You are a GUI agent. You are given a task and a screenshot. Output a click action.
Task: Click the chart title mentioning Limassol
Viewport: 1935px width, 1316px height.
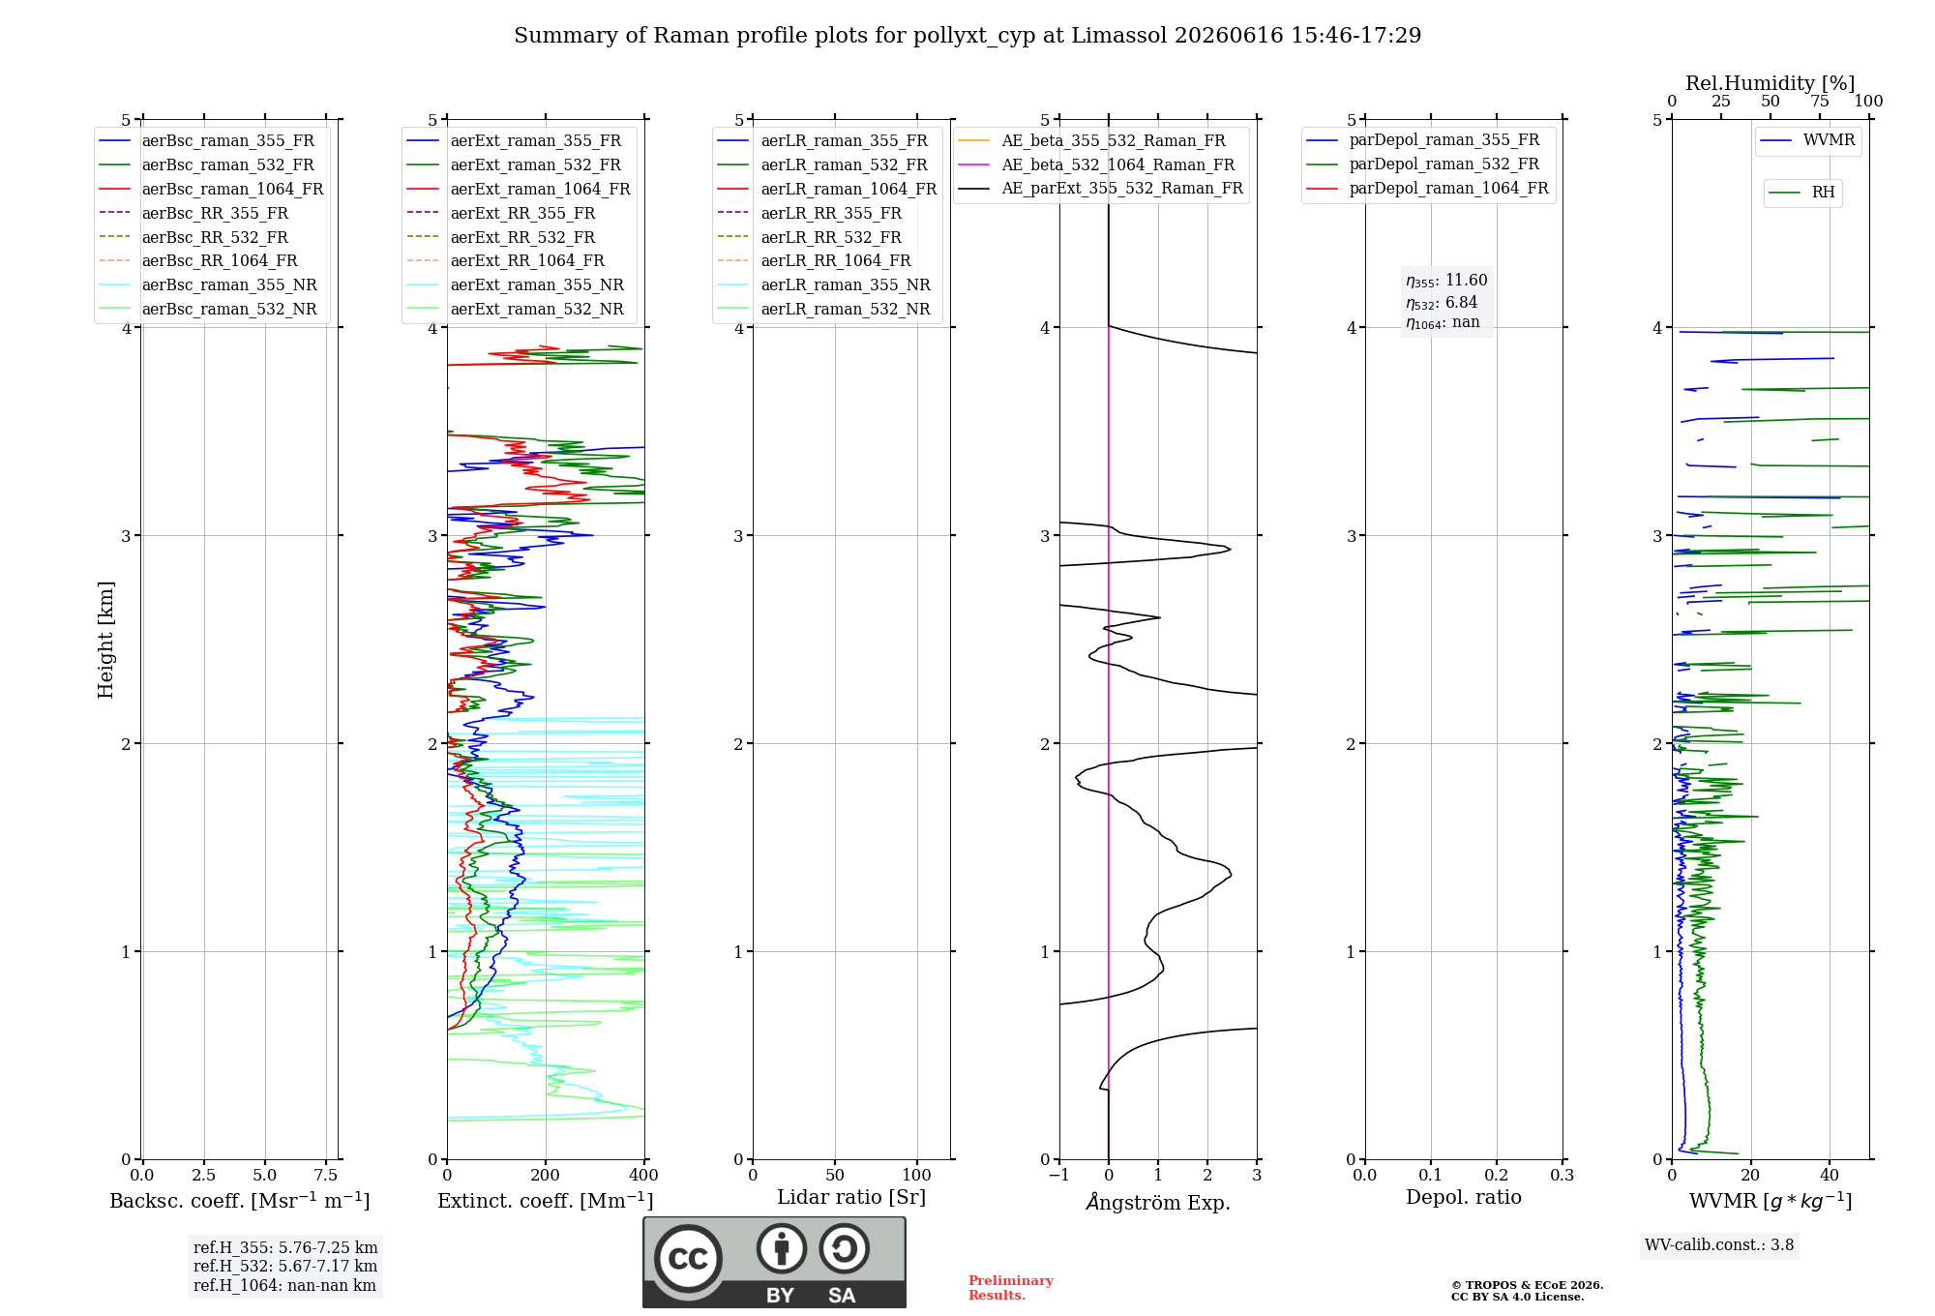(967, 36)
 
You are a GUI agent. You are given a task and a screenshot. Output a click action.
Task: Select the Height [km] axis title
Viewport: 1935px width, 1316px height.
(105, 640)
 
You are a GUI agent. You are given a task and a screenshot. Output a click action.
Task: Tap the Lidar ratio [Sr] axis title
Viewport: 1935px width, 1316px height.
(851, 1197)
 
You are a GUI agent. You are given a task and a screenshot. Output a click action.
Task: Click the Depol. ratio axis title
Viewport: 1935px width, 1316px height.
(1464, 1197)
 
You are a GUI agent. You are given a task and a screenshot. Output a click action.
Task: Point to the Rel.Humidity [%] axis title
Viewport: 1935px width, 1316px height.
(1771, 83)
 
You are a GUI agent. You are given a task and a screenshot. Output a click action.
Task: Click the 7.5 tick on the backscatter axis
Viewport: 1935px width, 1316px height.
(326, 1175)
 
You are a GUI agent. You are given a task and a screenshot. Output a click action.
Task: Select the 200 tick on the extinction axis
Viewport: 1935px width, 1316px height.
(546, 1175)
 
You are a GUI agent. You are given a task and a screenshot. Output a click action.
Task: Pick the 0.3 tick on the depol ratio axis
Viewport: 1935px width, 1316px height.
(1563, 1175)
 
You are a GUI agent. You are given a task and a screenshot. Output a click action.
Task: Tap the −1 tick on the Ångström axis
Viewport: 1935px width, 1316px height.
(1058, 1175)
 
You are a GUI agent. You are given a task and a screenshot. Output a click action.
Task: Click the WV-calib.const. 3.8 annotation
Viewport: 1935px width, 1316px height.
(1719, 1245)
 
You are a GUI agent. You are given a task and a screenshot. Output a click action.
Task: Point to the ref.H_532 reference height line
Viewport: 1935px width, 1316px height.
(285, 1266)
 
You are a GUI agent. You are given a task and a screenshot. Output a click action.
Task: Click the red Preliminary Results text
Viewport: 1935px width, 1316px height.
(1011, 1288)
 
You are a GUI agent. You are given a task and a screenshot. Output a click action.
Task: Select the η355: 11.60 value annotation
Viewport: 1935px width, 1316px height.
(1446, 281)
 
